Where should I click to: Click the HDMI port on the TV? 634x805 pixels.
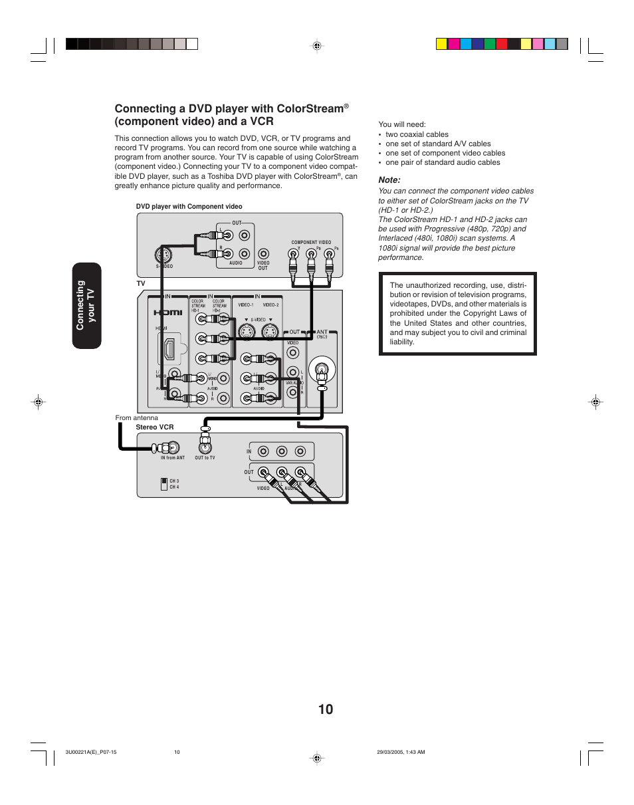(169, 350)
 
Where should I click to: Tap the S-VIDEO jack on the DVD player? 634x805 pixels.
(161, 255)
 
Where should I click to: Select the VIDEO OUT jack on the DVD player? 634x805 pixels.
(263, 253)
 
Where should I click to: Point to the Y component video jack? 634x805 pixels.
(293, 254)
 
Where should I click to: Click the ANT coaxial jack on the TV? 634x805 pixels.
(322, 367)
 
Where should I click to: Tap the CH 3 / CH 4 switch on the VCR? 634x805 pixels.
(164, 483)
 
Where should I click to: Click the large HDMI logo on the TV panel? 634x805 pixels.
(168, 312)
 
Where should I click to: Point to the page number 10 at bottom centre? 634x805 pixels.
(326, 709)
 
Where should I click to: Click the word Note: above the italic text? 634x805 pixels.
(389, 179)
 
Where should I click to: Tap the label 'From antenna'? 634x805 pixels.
(137, 418)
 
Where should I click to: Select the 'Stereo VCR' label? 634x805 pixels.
(155, 427)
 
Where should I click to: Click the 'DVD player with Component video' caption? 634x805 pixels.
(189, 207)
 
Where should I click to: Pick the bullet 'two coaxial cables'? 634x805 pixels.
(417, 134)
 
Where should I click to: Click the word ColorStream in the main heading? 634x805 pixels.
(305, 108)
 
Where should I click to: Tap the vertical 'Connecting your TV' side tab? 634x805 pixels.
(85, 305)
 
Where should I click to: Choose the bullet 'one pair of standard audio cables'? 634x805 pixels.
(443, 162)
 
